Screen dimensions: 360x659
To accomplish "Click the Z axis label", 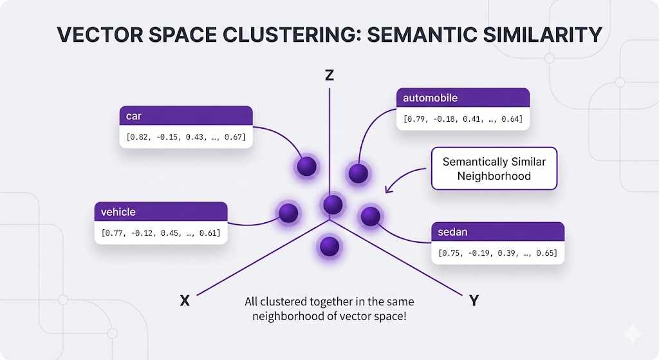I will click(329, 75).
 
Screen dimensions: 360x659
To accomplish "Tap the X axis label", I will click(185, 300).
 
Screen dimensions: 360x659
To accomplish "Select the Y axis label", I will click(474, 300).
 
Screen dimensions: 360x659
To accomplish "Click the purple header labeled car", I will click(186, 116).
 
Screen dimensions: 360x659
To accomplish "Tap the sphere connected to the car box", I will click(307, 166).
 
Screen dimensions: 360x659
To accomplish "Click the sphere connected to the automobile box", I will click(358, 173).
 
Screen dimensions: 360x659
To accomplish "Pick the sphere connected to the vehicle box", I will click(288, 212).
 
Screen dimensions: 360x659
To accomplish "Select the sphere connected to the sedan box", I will click(370, 216).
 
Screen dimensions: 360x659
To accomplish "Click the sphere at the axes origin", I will click(333, 205).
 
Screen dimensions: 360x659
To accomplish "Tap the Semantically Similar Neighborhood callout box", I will click(494, 169).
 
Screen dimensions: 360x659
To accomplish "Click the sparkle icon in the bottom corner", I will click(632, 334).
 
